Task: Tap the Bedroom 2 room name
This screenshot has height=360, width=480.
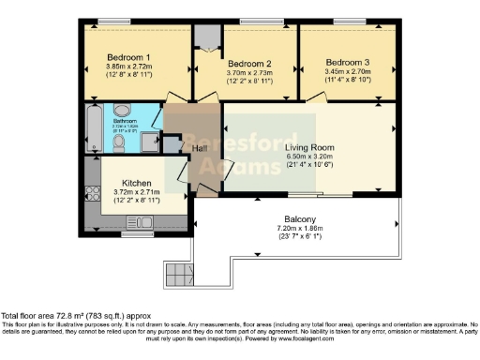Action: [x=249, y=63]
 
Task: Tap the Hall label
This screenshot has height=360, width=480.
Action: [x=200, y=148]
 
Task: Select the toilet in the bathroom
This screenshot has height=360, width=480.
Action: [x=154, y=120]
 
